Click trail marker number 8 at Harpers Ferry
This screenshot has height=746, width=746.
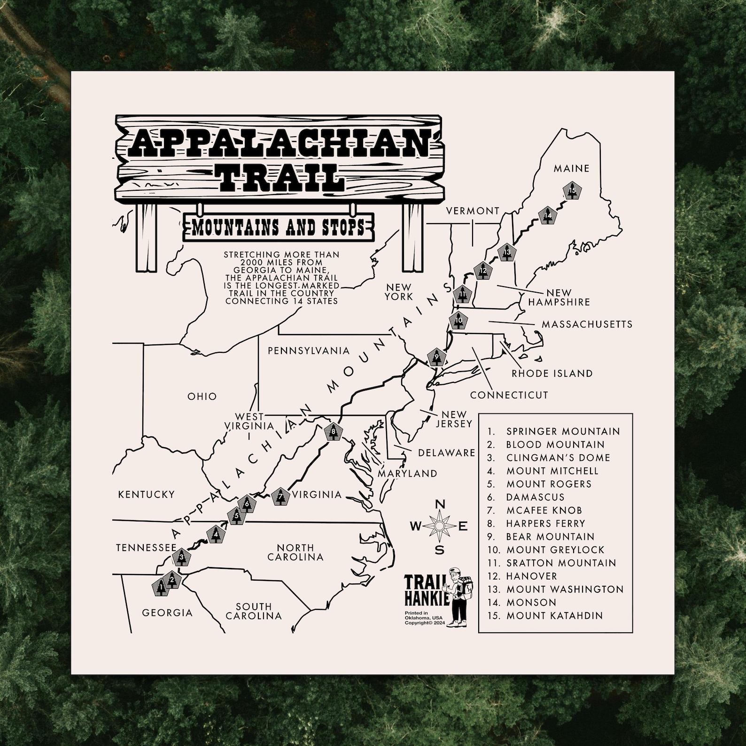pos(333,432)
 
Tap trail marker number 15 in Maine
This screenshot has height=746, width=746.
pos(572,191)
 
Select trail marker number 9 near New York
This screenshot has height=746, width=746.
pos(437,357)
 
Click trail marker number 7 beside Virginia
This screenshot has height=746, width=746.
pos(280,496)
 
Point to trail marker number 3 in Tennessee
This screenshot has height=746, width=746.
pos(182,558)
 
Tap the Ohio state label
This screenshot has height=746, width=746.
pos(202,396)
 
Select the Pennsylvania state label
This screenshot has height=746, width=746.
pos(309,351)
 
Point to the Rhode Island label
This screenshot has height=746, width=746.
pos(552,373)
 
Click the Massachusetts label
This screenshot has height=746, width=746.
pos(587,324)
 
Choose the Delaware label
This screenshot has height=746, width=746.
pos(446,453)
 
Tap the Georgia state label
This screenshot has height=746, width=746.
pos(167,613)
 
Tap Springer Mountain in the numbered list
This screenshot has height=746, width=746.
pos(563,431)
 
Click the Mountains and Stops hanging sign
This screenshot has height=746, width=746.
pos(278,227)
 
